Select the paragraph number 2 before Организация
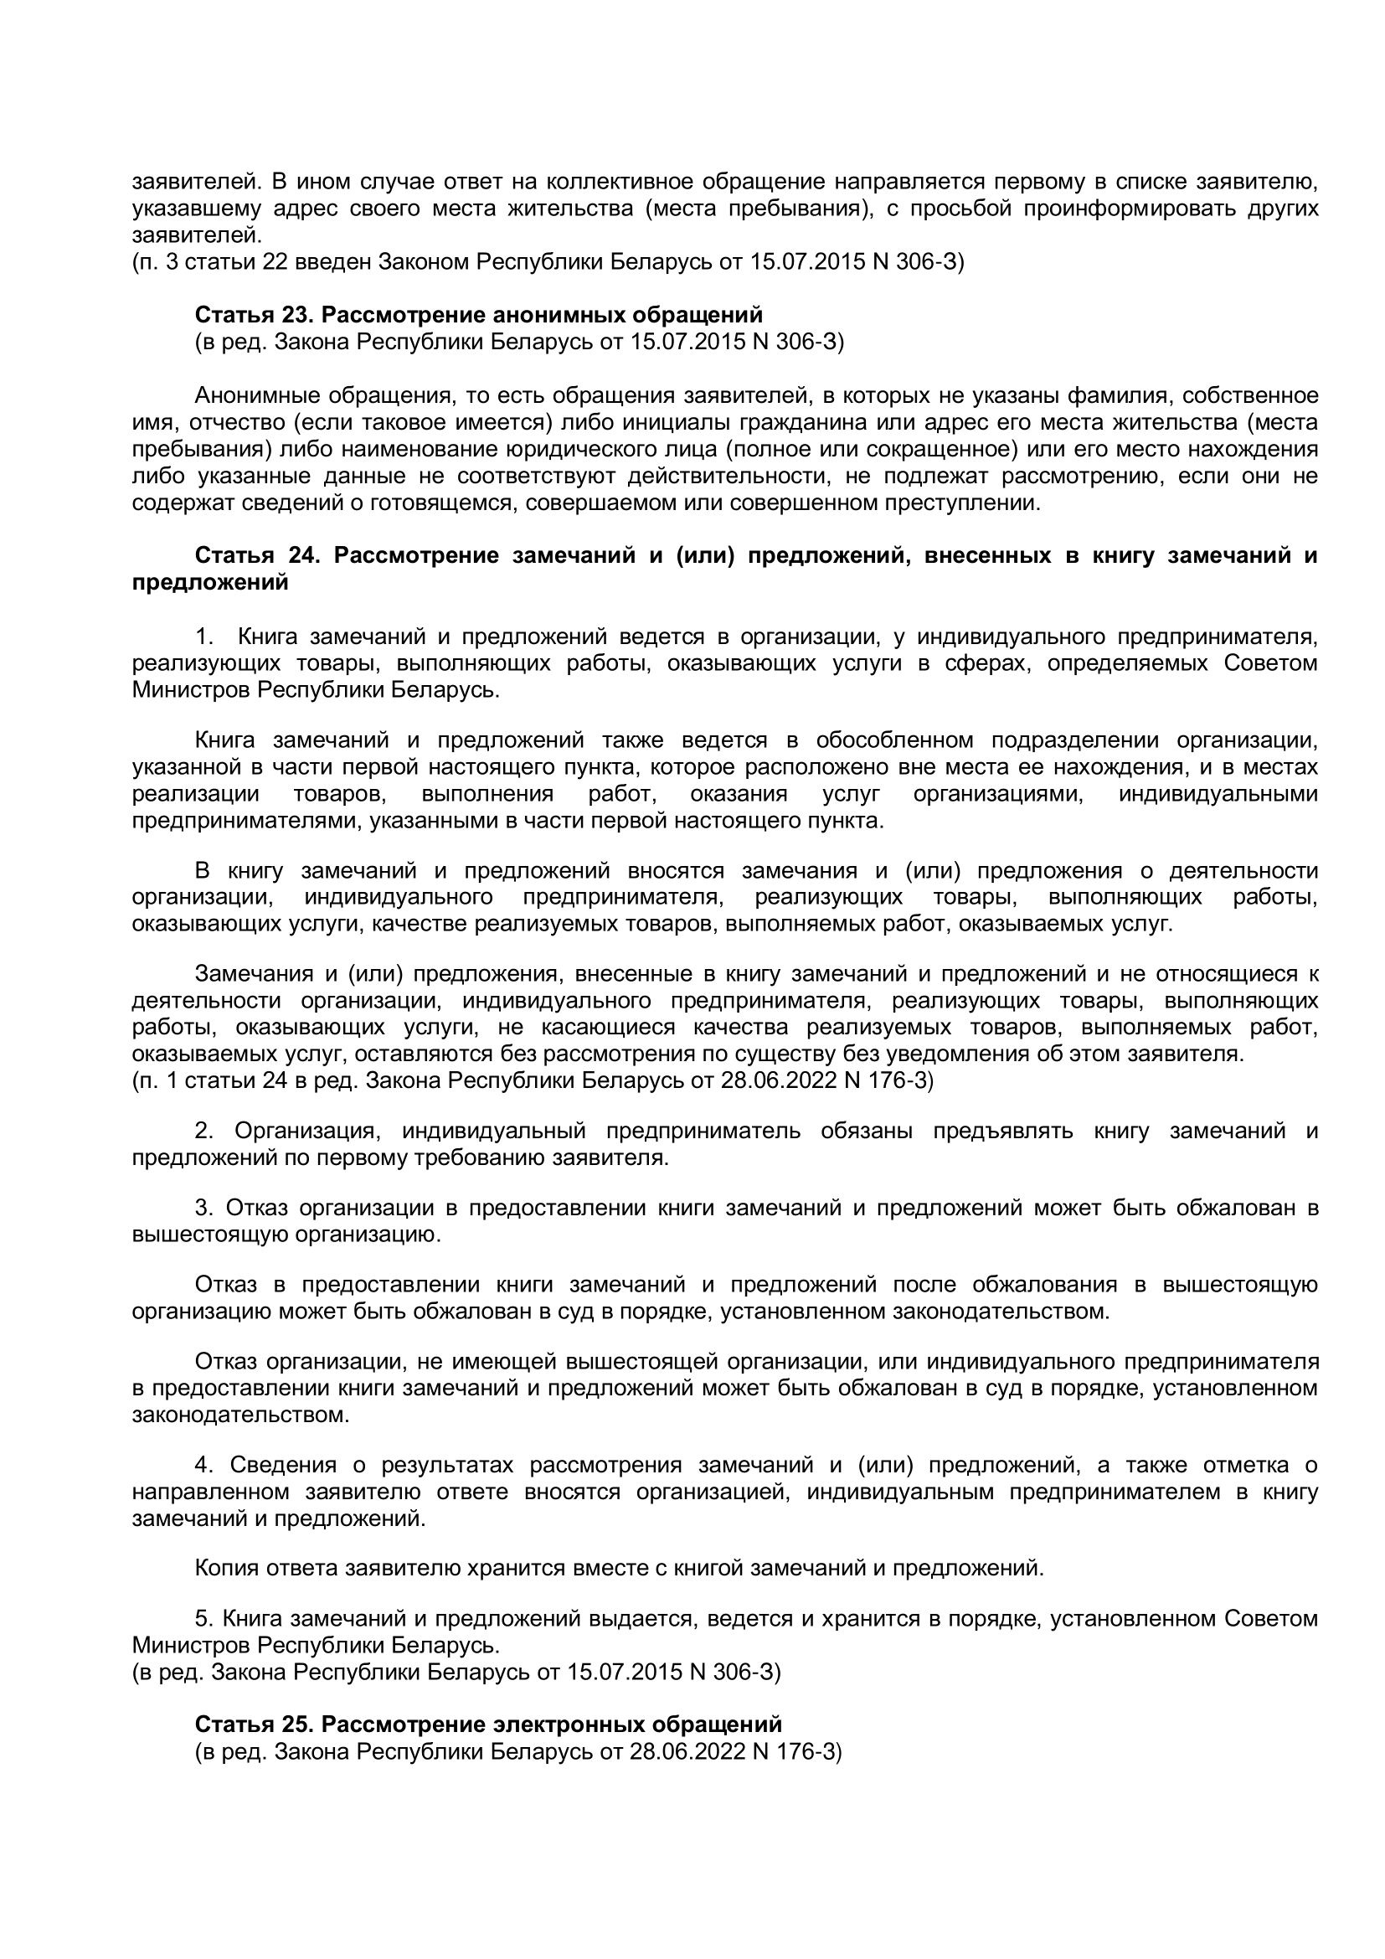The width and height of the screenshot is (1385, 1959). [202, 1132]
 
